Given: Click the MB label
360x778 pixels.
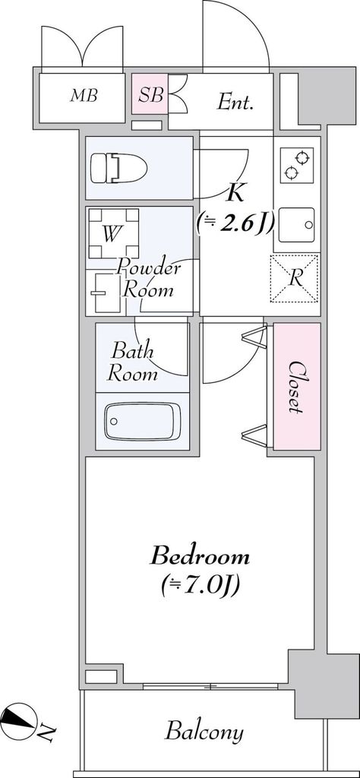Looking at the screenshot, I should (x=84, y=96).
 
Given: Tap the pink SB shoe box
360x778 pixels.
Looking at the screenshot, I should (x=150, y=96).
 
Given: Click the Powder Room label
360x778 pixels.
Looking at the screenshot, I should (x=149, y=278).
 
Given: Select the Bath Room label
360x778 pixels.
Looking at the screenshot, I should (x=134, y=362).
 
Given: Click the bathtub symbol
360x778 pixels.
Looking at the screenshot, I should (x=142, y=421).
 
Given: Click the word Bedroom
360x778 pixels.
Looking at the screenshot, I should (x=200, y=556).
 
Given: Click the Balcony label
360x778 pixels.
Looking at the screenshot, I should (x=204, y=732).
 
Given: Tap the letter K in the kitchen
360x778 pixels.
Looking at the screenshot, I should (x=235, y=193).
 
